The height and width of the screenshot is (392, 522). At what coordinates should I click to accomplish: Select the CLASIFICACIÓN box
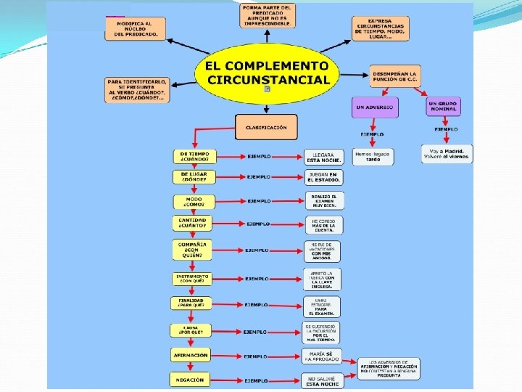click(266, 127)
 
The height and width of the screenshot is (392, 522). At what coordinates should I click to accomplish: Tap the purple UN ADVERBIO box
click(375, 107)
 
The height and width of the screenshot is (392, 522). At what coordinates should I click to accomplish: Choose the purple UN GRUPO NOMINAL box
click(443, 107)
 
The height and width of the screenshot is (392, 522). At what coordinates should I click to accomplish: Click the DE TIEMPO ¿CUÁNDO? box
click(194, 156)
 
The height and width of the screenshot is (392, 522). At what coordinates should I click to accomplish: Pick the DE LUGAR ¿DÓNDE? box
click(194, 176)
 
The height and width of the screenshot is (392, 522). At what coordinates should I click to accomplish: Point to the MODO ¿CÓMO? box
click(194, 201)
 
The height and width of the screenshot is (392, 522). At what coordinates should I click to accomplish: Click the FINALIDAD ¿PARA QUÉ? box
click(192, 304)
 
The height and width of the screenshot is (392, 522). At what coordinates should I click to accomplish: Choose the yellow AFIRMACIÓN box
click(191, 356)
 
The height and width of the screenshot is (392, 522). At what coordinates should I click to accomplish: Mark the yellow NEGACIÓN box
click(190, 379)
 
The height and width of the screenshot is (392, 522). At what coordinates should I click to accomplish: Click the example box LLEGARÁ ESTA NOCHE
click(323, 157)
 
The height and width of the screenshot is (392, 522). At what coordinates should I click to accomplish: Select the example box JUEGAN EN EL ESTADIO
click(323, 177)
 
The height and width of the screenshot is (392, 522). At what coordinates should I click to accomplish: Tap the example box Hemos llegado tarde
click(373, 156)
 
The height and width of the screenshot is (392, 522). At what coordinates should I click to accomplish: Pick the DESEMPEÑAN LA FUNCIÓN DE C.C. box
click(394, 76)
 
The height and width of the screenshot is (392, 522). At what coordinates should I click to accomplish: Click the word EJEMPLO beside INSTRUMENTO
click(257, 278)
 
